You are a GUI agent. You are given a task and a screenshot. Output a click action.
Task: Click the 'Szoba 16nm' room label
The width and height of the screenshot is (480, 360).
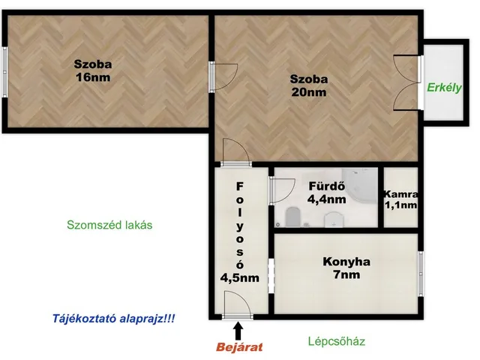(97, 70)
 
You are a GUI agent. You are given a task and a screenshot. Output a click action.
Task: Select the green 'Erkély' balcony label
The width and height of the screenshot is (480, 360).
(442, 87)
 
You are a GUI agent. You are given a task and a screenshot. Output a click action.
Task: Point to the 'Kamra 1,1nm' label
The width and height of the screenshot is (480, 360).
(401, 199)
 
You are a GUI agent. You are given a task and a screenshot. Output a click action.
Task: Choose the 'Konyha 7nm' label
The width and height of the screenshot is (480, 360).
(347, 268)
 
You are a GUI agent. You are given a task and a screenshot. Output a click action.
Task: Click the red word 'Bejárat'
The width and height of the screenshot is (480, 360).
(238, 346)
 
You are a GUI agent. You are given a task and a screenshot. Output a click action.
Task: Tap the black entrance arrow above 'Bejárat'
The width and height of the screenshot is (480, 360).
(238, 328)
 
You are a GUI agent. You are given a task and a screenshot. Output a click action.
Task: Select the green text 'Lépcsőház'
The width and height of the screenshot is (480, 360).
(336, 341)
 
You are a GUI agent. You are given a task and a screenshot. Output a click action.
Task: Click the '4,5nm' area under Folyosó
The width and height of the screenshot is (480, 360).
(239, 277)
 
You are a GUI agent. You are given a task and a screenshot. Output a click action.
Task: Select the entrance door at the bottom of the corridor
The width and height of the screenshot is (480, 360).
(238, 307)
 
